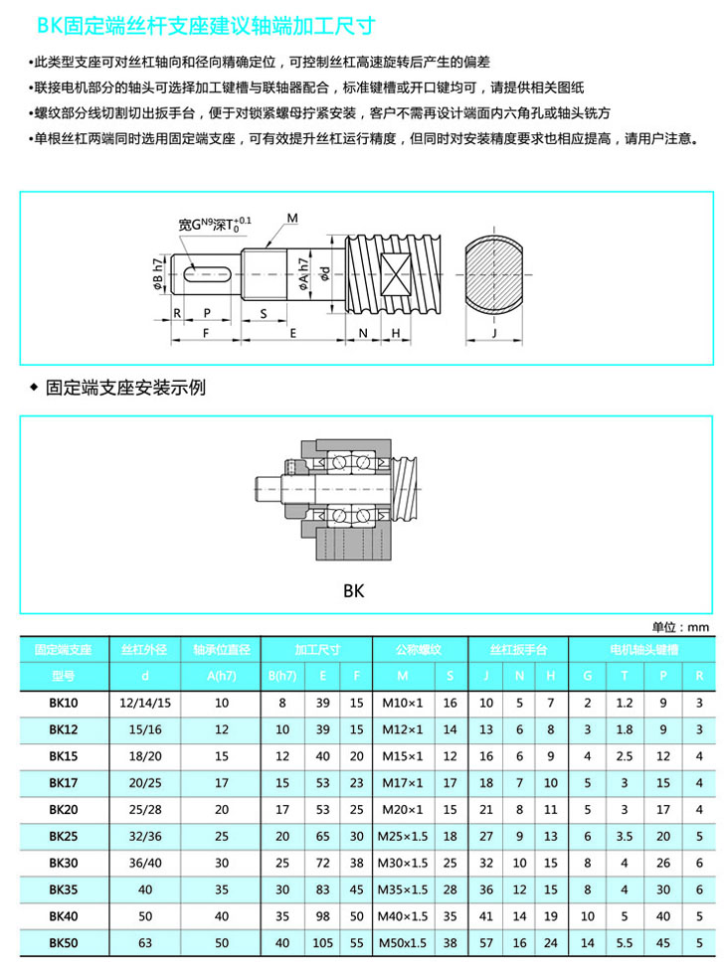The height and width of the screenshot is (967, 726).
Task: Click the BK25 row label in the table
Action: (x=63, y=836)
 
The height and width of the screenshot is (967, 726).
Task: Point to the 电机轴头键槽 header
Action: (x=643, y=649)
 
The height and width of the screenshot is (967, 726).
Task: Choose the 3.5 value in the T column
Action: (x=624, y=836)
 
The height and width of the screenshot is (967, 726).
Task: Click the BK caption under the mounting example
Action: (x=354, y=590)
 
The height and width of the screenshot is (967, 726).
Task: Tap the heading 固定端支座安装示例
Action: (x=125, y=388)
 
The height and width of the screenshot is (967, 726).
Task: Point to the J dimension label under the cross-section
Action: (x=494, y=332)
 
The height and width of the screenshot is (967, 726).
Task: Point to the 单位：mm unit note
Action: (x=680, y=627)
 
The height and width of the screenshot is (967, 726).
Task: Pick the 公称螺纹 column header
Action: (x=418, y=649)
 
